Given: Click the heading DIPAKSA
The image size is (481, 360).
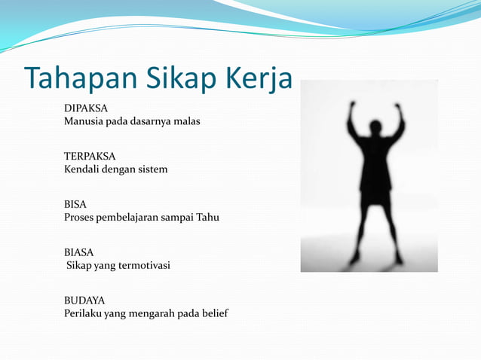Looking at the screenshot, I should point(86,108).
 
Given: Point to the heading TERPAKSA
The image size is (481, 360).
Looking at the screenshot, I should point(90,157).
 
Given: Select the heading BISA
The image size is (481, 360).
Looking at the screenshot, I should point(75,204).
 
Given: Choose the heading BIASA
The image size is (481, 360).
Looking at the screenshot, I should point(79,252).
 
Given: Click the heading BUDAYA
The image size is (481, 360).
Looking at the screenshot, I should point(84,301).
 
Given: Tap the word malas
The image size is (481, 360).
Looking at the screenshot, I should point(187,121).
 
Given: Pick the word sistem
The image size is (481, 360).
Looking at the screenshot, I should point(152,169).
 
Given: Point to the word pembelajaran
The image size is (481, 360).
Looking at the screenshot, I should point(133,218).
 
